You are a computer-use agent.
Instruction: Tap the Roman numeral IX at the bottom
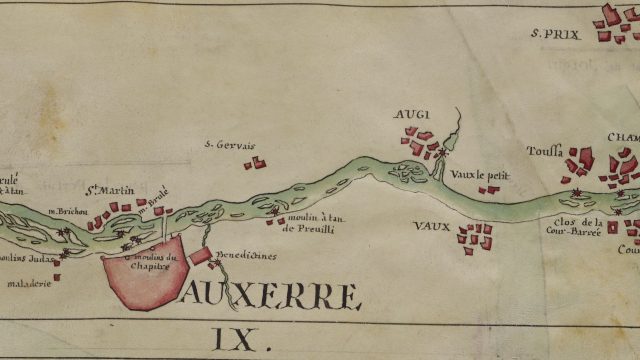coord(241,341)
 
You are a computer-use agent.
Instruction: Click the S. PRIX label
coord(556,33)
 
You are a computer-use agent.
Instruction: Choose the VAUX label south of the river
coord(430,226)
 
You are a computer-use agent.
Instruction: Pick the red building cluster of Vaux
coord(475,235)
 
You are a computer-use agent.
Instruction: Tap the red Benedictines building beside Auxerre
coord(201,257)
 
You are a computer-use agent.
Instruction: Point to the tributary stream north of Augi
coord(453,128)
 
